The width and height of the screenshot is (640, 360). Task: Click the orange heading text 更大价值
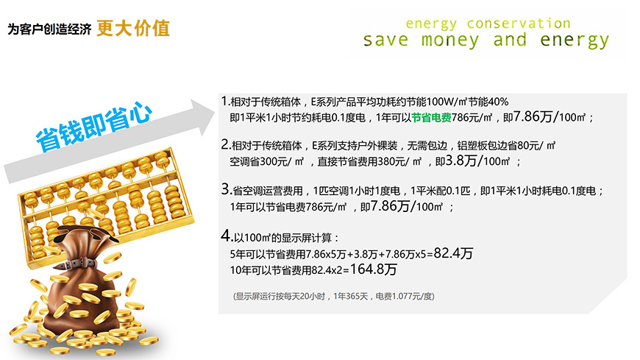pyautogui.click(x=133, y=28)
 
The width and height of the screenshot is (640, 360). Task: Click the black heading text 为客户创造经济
pyautogui.click(x=49, y=29)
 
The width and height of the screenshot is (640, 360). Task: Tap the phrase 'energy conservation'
pyautogui.click(x=488, y=24)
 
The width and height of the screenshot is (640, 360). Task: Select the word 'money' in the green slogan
pyautogui.click(x=450, y=40)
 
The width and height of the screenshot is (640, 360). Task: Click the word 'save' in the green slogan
pyautogui.click(x=385, y=40)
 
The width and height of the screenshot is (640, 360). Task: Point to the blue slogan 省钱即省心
pyautogui.click(x=93, y=127)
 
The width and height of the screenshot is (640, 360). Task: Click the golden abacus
pyautogui.click(x=107, y=205)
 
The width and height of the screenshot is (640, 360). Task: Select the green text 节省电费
pyautogui.click(x=431, y=118)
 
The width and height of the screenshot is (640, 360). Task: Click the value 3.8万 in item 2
pyautogui.click(x=461, y=160)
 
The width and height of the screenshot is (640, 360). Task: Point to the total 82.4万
pyautogui.click(x=453, y=253)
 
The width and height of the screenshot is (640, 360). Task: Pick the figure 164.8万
pyautogui.click(x=374, y=269)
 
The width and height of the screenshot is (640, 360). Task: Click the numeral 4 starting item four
pyautogui.click(x=226, y=236)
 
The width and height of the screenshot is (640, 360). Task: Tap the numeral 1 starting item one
pyautogui.click(x=224, y=101)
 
